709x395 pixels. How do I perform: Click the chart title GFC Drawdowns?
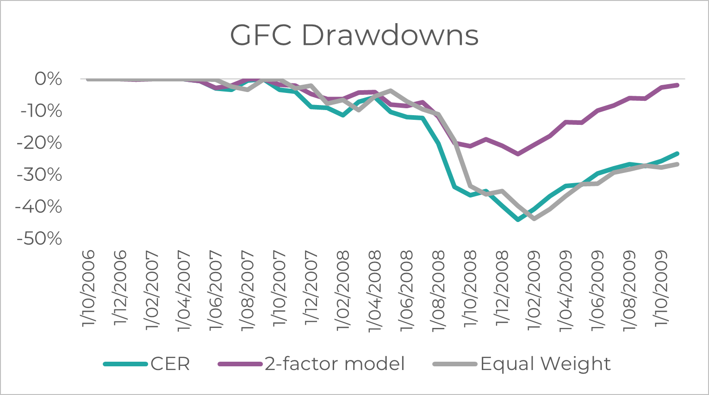coord(354,35)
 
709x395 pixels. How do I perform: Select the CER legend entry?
coord(170,364)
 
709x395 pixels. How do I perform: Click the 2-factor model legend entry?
coord(335,364)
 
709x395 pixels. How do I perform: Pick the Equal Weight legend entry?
coord(545,364)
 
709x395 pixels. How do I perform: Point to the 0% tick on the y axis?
coord(48,79)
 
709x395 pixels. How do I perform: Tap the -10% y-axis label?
coord(41,111)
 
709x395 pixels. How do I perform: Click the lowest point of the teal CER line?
coord(518,220)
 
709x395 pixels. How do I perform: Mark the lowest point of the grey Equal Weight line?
coord(534,218)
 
